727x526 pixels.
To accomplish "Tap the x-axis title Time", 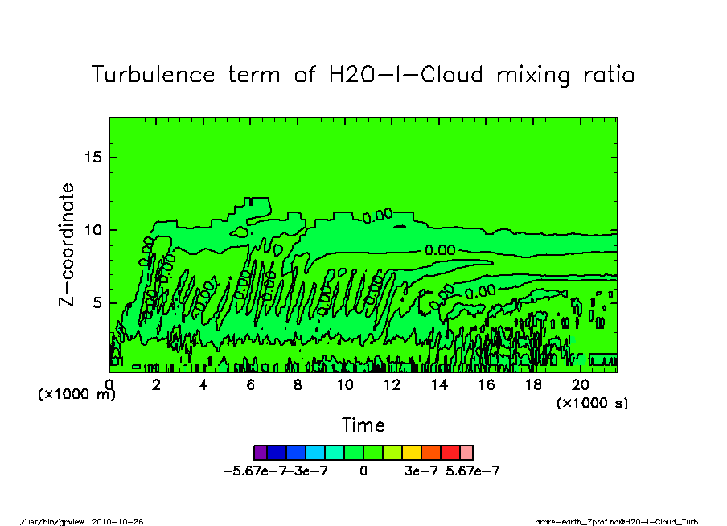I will pyautogui.click(x=363, y=425).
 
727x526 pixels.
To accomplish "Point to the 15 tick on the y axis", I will pyautogui.click(x=93, y=157).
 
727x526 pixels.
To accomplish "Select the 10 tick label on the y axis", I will pyautogui.click(x=93, y=230).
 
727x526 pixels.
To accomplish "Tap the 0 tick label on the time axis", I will pyautogui.click(x=109, y=385).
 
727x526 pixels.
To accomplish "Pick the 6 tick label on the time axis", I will pyautogui.click(x=251, y=385).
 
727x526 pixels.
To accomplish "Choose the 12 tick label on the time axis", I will pyautogui.click(x=392, y=385).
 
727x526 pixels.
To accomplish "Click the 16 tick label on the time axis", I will pyautogui.click(x=487, y=385).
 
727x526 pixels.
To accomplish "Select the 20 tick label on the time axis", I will pyautogui.click(x=581, y=385).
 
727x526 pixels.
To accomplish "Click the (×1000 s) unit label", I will pyautogui.click(x=593, y=403).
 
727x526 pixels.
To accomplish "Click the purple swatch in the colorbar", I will pyautogui.click(x=260, y=452).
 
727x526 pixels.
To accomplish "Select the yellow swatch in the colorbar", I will pyautogui.click(x=410, y=452).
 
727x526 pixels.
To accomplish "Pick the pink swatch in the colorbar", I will pyautogui.click(x=466, y=452).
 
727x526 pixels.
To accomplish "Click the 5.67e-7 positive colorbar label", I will pyautogui.click(x=473, y=471).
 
